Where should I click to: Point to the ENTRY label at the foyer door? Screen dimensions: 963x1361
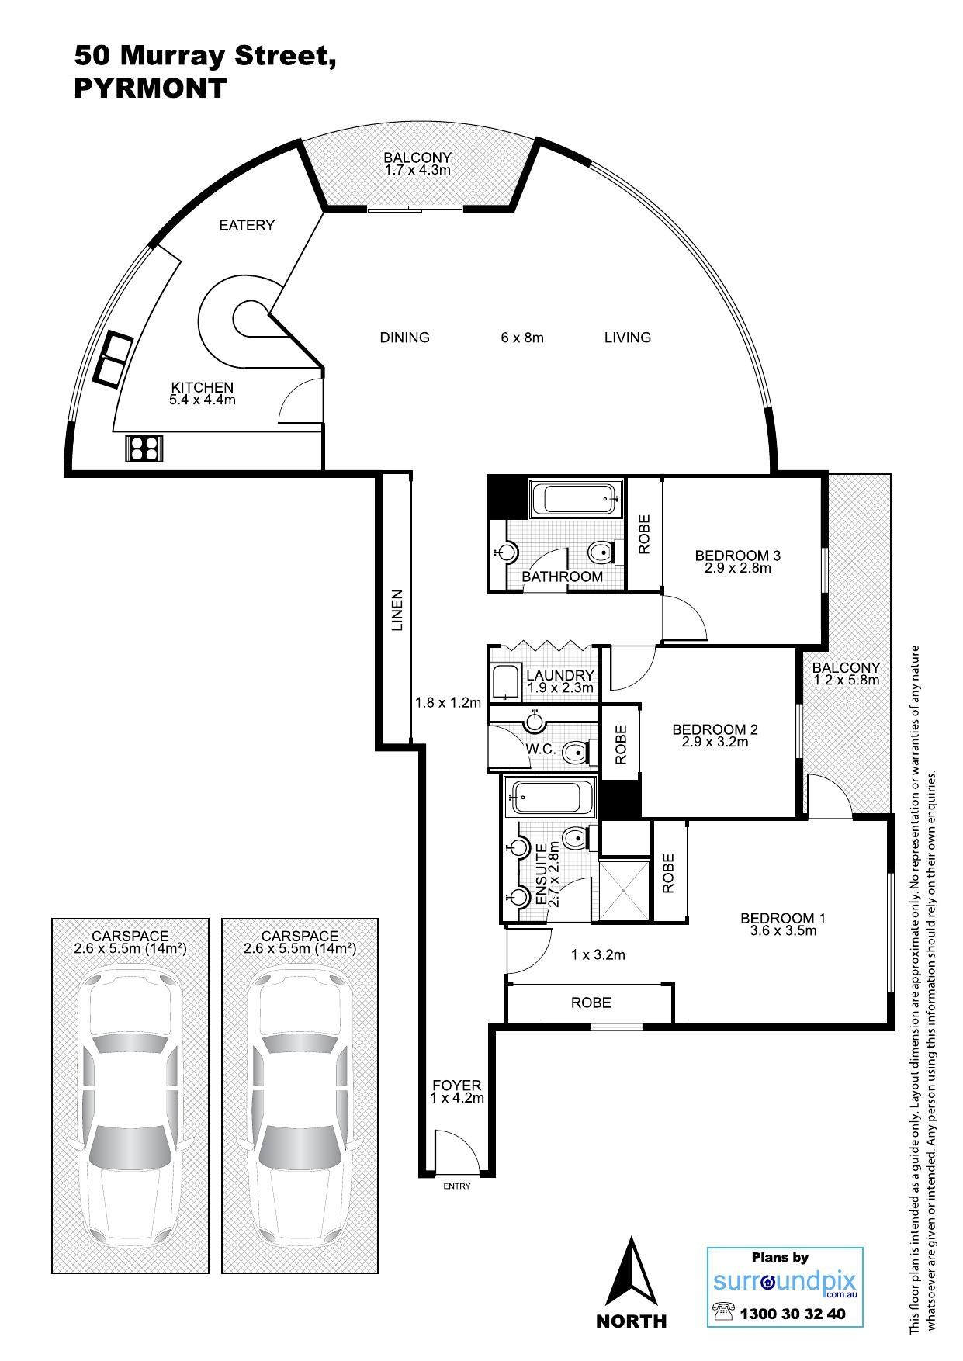[x=456, y=1186]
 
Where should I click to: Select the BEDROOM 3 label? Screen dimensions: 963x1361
[x=737, y=556]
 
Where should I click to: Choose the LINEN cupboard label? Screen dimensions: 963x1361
[x=397, y=611]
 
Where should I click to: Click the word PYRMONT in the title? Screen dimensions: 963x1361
[x=150, y=88]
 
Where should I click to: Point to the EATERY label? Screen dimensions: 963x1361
[x=247, y=226]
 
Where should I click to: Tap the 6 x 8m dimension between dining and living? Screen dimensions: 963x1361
[x=522, y=338]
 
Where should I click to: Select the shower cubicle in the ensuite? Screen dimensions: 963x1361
[x=625, y=889]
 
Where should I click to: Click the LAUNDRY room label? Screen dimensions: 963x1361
[x=559, y=676]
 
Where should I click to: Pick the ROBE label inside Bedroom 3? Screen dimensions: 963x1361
[x=644, y=535]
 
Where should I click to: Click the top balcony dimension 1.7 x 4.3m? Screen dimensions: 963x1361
[x=417, y=169]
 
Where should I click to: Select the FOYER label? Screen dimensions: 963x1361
[x=457, y=1086]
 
